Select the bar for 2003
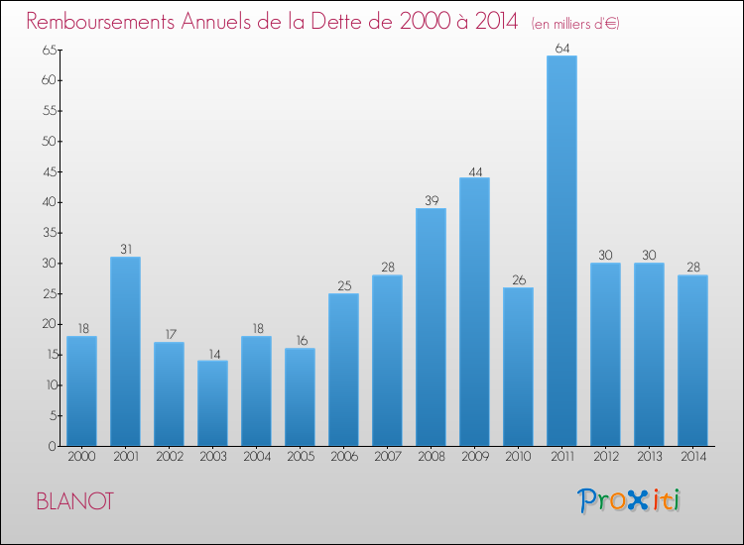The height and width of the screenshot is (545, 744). pyautogui.click(x=212, y=403)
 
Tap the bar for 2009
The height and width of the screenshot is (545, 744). pyautogui.click(x=474, y=312)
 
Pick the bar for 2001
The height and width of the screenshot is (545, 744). pyautogui.click(x=125, y=352)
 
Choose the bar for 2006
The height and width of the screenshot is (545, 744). pyautogui.click(x=343, y=370)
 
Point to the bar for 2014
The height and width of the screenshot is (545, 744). pyautogui.click(x=692, y=361)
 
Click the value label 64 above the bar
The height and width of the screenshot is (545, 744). pyautogui.click(x=561, y=49)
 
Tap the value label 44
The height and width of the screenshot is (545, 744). pyautogui.click(x=474, y=170)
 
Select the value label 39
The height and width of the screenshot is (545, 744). pyautogui.click(x=431, y=201)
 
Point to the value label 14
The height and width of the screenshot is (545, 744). pyautogui.click(x=212, y=353)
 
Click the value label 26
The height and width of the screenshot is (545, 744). pyautogui.click(x=518, y=280)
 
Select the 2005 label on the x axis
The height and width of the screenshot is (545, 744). pyautogui.click(x=300, y=459)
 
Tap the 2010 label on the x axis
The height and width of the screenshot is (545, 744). pyautogui.click(x=518, y=459)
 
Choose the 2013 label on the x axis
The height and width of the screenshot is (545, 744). pyautogui.click(x=649, y=459)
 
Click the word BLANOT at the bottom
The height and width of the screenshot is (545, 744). pyautogui.click(x=74, y=501)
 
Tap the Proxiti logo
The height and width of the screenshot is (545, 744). pyautogui.click(x=630, y=500)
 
